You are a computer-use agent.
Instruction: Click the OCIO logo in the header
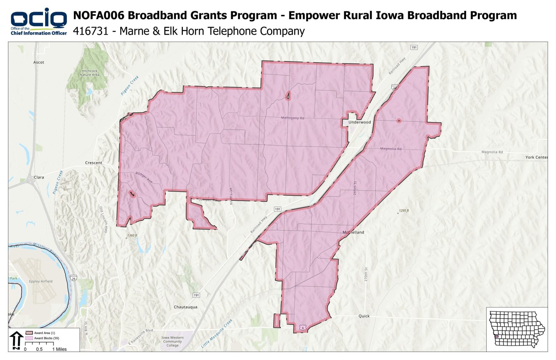point(38,21)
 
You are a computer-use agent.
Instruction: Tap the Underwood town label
point(359,122)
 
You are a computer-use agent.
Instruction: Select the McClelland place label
point(353,233)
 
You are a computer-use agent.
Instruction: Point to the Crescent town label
point(93,163)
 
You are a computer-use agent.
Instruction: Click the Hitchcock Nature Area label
point(89,73)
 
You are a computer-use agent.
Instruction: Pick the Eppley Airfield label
point(41,281)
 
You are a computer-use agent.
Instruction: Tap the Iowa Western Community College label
point(172,342)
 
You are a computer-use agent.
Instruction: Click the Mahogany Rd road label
point(292,118)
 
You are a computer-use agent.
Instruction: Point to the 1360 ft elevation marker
point(132,236)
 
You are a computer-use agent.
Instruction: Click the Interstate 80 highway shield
point(395,87)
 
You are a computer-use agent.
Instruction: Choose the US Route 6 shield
point(303,328)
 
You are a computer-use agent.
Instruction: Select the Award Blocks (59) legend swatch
point(29,338)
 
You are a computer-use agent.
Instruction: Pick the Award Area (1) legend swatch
point(29,333)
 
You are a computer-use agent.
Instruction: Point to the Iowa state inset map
point(517,329)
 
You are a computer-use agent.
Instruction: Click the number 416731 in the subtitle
point(90,31)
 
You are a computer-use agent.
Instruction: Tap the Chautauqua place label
point(185,307)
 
